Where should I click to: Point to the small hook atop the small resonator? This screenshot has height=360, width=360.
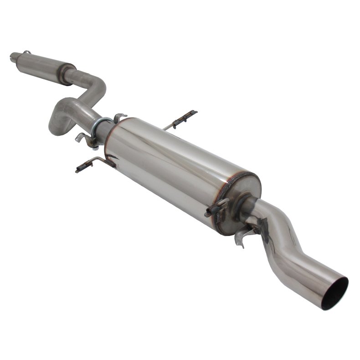coord(26,52)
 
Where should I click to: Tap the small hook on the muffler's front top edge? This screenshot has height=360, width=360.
coord(119,118)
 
